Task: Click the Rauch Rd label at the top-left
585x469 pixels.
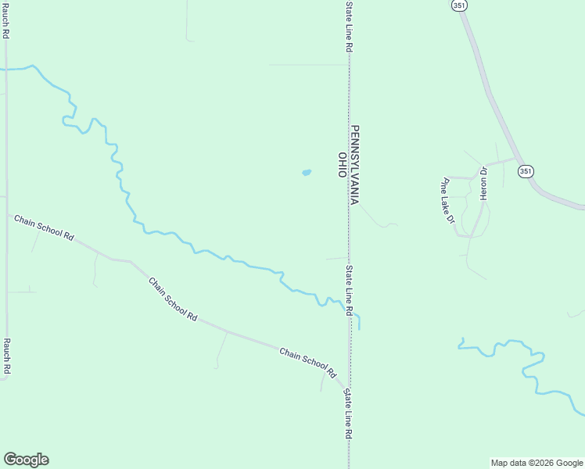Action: (5, 20)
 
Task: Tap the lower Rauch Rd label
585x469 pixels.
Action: (5, 356)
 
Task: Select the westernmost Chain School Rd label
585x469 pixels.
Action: (44, 227)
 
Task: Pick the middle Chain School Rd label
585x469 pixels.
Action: (172, 298)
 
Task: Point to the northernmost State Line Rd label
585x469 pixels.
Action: (349, 27)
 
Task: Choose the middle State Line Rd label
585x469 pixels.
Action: (350, 290)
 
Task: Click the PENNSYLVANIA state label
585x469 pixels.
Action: (354, 165)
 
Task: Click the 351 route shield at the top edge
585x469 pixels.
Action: (459, 5)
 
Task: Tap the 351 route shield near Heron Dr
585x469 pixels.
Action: (526, 171)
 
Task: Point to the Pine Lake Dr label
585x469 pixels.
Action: (447, 200)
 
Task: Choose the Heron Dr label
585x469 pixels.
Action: (484, 184)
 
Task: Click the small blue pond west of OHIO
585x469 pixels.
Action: (306, 173)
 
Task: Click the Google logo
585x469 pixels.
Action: (27, 460)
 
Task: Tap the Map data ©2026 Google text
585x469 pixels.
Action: (536, 463)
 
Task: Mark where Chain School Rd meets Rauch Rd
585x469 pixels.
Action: (7, 213)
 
